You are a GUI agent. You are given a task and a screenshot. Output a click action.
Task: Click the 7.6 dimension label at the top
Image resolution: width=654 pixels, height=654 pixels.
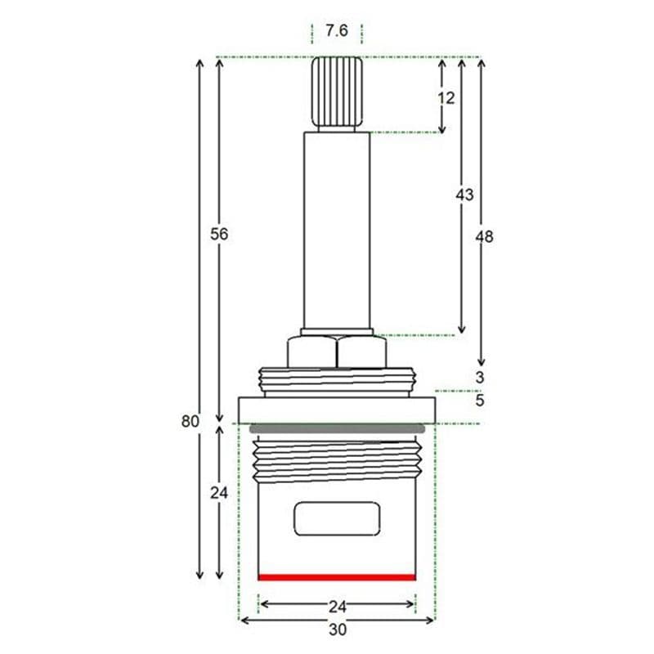(337, 31)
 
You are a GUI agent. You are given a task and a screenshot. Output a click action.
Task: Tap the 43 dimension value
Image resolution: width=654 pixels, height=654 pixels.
(464, 195)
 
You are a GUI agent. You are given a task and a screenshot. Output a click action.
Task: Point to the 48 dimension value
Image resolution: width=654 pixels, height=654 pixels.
(485, 236)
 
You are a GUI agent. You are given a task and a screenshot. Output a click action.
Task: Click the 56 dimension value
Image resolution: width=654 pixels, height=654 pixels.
(219, 234)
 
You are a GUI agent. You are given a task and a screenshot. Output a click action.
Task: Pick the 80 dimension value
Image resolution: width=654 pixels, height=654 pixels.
(190, 422)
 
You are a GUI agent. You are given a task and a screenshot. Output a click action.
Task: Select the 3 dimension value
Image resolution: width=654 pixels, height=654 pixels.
(480, 378)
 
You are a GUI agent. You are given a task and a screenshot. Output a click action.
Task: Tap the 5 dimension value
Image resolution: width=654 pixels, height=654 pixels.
(480, 401)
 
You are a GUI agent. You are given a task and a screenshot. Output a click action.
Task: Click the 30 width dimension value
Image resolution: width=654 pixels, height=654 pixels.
(337, 630)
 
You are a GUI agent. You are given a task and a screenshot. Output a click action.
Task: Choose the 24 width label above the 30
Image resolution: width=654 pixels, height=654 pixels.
(337, 606)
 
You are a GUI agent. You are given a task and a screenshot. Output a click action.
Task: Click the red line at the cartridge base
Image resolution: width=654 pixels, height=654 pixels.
(337, 577)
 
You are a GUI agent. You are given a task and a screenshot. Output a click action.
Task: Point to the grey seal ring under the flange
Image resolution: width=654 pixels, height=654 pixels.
(337, 428)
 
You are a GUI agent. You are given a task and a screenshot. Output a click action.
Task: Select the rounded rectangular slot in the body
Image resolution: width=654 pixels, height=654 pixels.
(337, 520)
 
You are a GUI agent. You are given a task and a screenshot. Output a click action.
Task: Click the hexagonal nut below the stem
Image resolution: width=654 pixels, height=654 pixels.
(337, 352)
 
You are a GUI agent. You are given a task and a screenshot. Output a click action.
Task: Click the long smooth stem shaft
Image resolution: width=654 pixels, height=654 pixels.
(337, 229)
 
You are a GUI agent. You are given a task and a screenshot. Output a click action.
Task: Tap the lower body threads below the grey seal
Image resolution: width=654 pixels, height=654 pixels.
(337, 463)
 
